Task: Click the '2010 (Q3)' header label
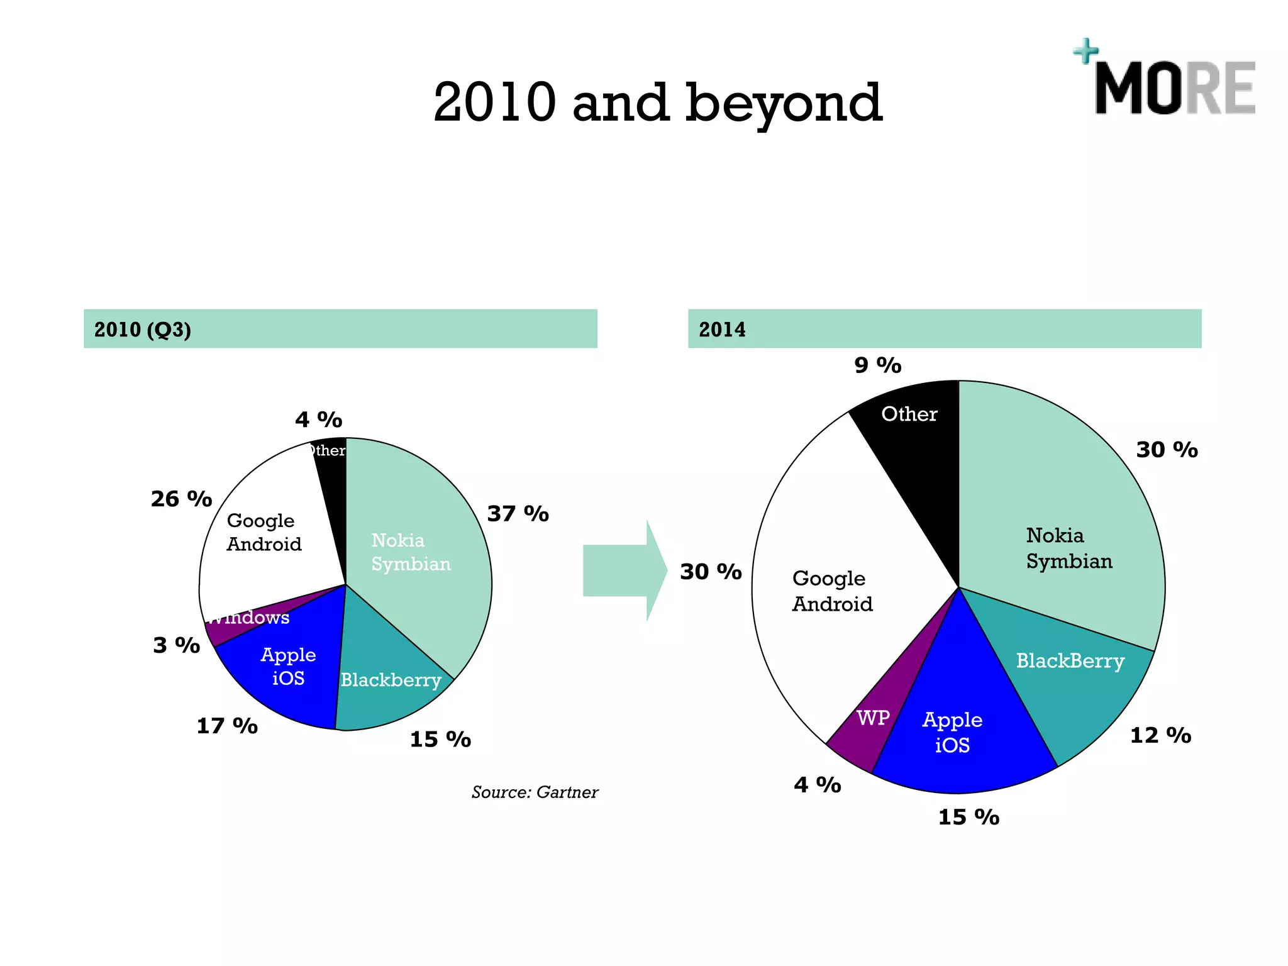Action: click(143, 330)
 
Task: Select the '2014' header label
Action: click(722, 330)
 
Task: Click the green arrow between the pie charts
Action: click(624, 570)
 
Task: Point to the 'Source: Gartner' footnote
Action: click(535, 792)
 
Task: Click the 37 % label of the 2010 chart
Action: click(518, 514)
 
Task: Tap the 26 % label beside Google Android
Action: click(181, 499)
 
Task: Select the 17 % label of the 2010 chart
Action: click(227, 726)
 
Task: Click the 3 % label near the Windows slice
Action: click(176, 645)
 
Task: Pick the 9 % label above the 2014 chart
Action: click(877, 365)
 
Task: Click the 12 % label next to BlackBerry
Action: click(1160, 735)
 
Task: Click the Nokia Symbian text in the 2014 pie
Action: click(1069, 548)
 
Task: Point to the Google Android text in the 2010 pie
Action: click(264, 532)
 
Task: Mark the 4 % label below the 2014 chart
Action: click(817, 785)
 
